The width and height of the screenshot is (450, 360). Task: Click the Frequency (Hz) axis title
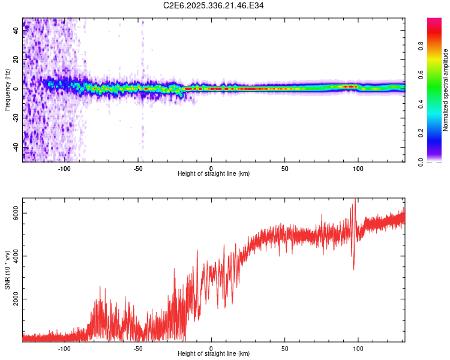click(7, 90)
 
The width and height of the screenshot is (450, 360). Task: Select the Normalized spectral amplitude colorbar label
click(445, 90)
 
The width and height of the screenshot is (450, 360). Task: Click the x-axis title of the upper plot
click(214, 174)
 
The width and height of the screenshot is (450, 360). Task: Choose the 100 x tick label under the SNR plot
click(358, 347)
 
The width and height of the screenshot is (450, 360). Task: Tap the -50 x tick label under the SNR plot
click(138, 347)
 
